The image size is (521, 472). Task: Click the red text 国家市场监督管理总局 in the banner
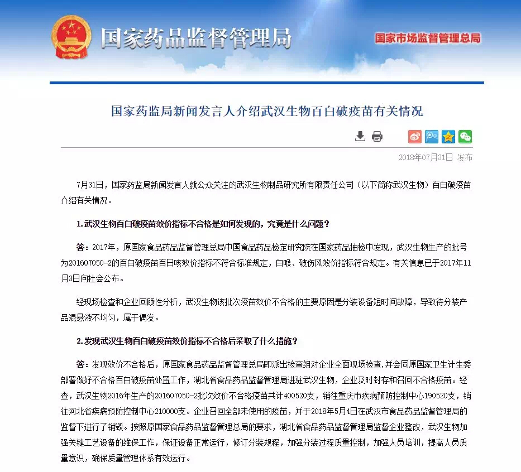point(427,38)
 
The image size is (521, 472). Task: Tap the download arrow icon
point(360,136)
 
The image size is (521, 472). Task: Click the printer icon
point(377,136)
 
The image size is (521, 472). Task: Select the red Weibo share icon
point(414,136)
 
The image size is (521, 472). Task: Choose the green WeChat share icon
point(465,136)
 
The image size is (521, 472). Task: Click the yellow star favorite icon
point(448,136)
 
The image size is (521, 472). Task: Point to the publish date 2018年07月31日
point(426,158)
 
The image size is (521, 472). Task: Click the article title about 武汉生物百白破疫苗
point(266,110)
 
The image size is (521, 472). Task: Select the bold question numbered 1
point(203,224)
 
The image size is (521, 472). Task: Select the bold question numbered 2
point(187,340)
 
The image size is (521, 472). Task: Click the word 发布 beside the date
point(465,158)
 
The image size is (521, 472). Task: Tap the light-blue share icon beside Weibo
point(431,136)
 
